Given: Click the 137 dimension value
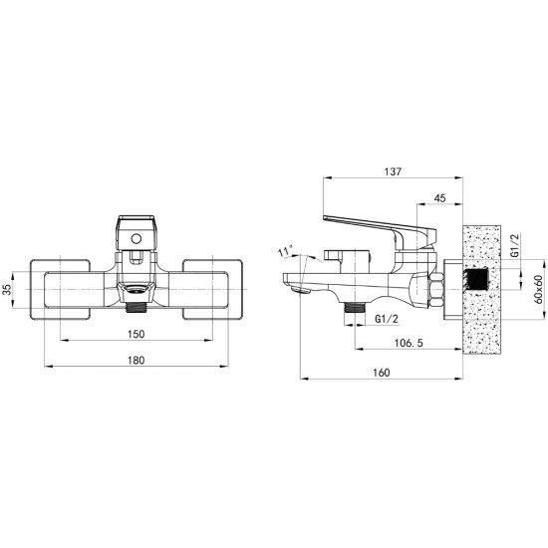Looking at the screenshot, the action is tap(394, 171).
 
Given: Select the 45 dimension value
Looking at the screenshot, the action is tap(439, 198).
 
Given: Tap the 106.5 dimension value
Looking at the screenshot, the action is tap(409, 343).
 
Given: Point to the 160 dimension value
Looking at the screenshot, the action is tap(381, 373).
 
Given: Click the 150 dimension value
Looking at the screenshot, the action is tap(136, 334).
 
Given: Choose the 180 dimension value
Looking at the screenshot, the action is tap(136, 360).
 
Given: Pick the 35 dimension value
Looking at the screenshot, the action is tap(7, 290).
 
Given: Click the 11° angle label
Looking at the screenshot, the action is tap(285, 251).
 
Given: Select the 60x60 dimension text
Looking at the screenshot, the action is tap(539, 290).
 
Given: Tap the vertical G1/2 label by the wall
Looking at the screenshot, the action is tap(515, 246).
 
